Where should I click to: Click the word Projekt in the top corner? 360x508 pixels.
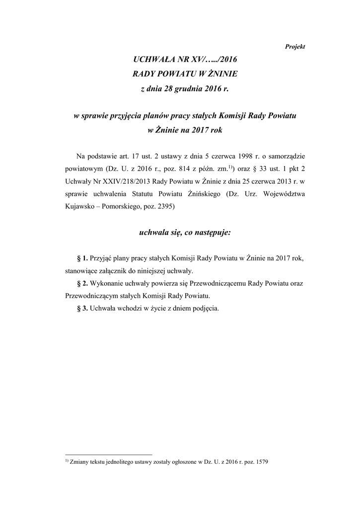[x=295, y=46]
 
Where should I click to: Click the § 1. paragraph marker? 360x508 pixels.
[x=82, y=258]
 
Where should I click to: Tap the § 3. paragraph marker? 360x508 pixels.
[x=82, y=308]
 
